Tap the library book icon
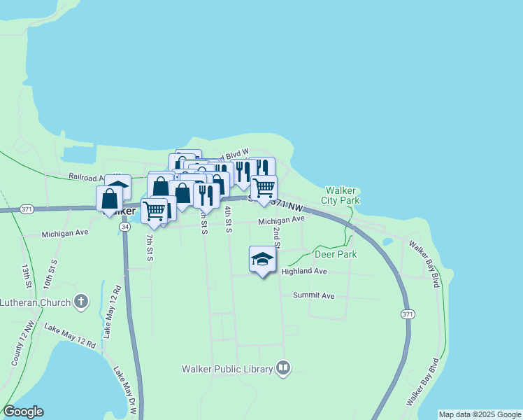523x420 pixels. point(282,368)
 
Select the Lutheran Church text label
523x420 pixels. point(35,302)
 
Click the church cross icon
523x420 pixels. point(81,302)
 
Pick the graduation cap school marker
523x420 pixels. point(262,260)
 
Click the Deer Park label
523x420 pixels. point(336,254)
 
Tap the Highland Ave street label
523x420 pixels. point(304,271)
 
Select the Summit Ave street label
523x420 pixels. point(314,295)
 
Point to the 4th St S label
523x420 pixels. point(229,218)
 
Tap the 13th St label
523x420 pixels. point(26,276)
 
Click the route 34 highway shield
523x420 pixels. point(124,227)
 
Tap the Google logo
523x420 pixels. point(23,412)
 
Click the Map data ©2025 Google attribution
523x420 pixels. point(480,414)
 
